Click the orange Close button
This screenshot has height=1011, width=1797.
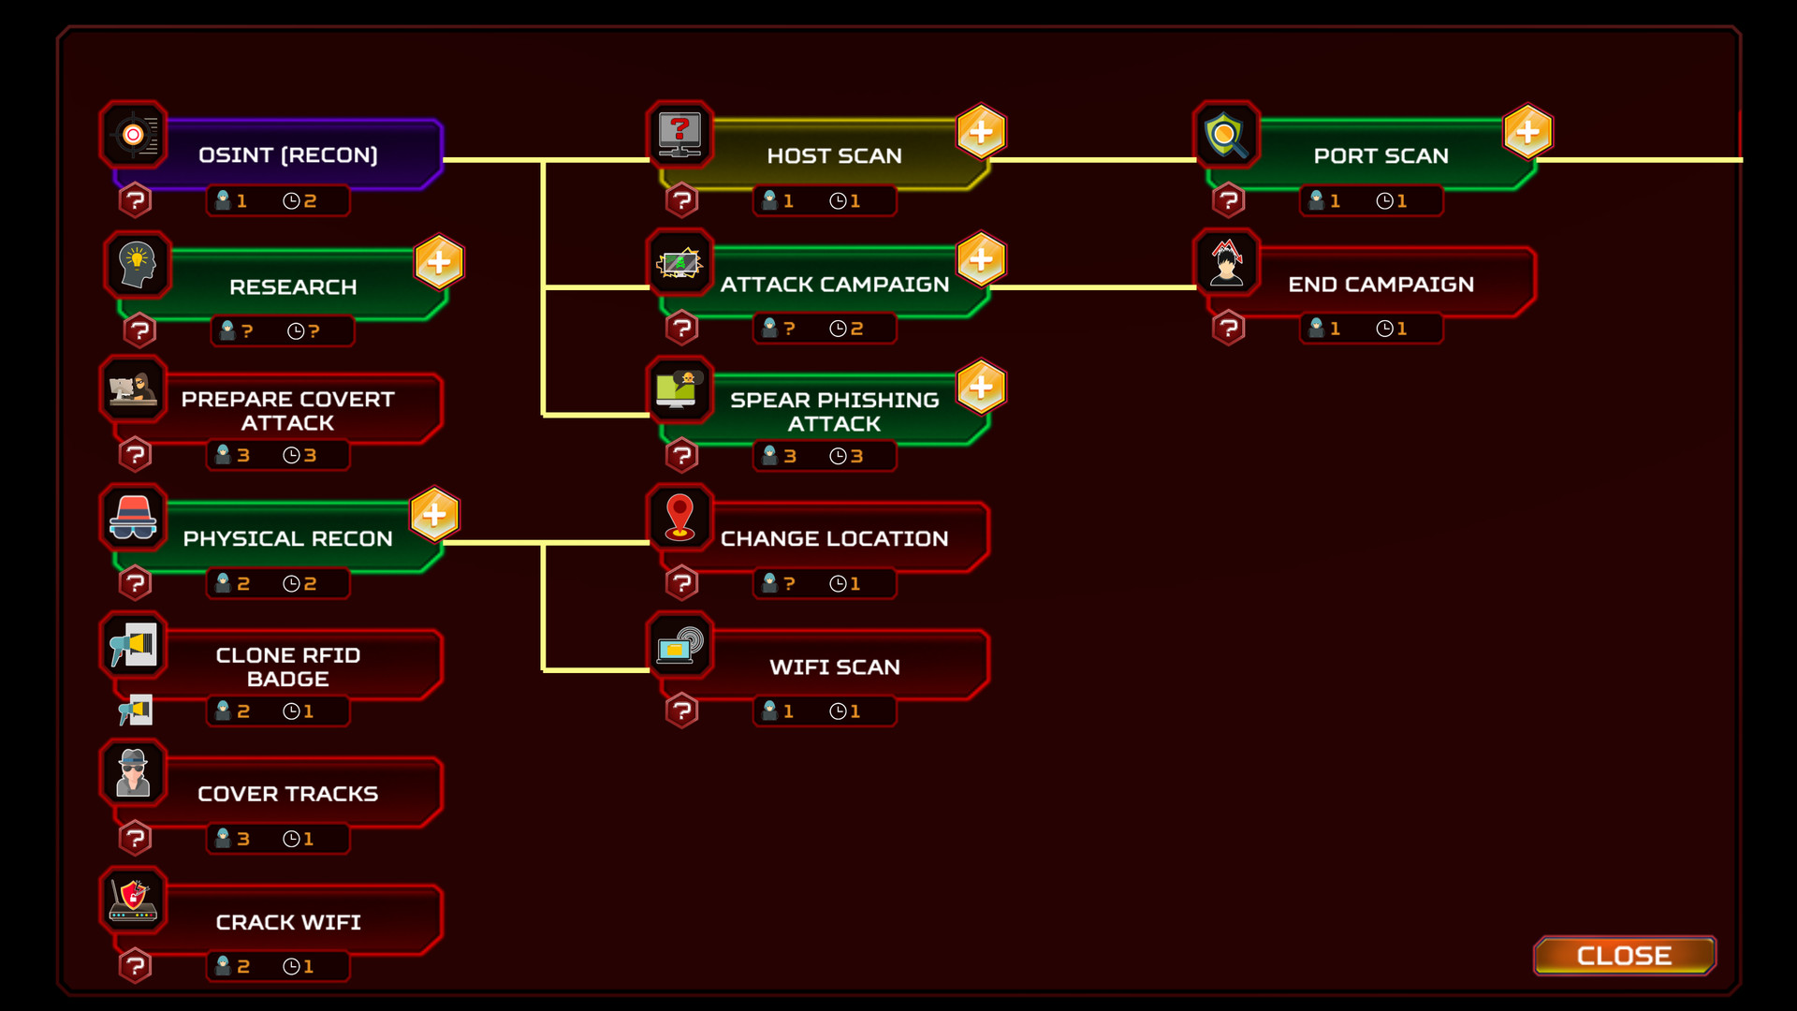pyautogui.click(x=1624, y=955)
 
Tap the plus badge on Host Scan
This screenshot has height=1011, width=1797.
pyautogui.click(x=981, y=132)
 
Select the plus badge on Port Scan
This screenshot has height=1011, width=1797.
pyautogui.click(x=1527, y=132)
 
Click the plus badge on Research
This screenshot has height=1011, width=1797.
pyautogui.click(x=439, y=262)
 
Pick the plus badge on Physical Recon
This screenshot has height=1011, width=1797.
pyautogui.click(x=434, y=514)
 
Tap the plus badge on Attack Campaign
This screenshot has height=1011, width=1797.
pyautogui.click(x=981, y=259)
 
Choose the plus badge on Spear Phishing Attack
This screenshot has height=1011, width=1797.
pyautogui.click(x=981, y=387)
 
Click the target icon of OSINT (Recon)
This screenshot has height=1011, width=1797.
pyautogui.click(x=134, y=135)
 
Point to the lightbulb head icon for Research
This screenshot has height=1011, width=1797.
pyautogui.click(x=138, y=265)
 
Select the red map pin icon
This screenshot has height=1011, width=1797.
pyautogui.click(x=679, y=518)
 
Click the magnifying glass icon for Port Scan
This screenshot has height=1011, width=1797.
pyautogui.click(x=1226, y=135)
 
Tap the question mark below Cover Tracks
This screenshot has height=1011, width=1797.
pyautogui.click(x=136, y=838)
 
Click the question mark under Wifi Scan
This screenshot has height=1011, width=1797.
pyautogui.click(x=682, y=711)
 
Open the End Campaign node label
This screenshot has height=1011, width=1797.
pyautogui.click(x=1381, y=285)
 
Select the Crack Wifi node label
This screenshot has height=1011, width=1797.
pyautogui.click(x=288, y=922)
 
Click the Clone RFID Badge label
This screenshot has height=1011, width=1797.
pyautogui.click(x=288, y=667)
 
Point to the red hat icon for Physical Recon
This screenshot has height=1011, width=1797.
pyautogui.click(x=133, y=518)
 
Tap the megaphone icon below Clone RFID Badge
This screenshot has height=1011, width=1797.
pyautogui.click(x=136, y=711)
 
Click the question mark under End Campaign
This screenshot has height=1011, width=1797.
pyautogui.click(x=1229, y=328)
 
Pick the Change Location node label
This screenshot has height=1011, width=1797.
pyautogui.click(x=834, y=538)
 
